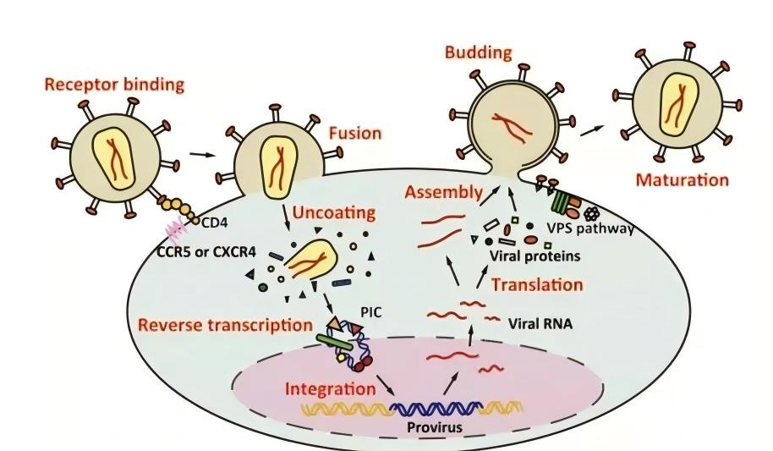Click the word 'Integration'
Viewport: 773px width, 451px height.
[330, 390]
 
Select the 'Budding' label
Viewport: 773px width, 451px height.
[480, 52]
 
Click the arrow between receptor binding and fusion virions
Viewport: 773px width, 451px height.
[200, 155]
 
